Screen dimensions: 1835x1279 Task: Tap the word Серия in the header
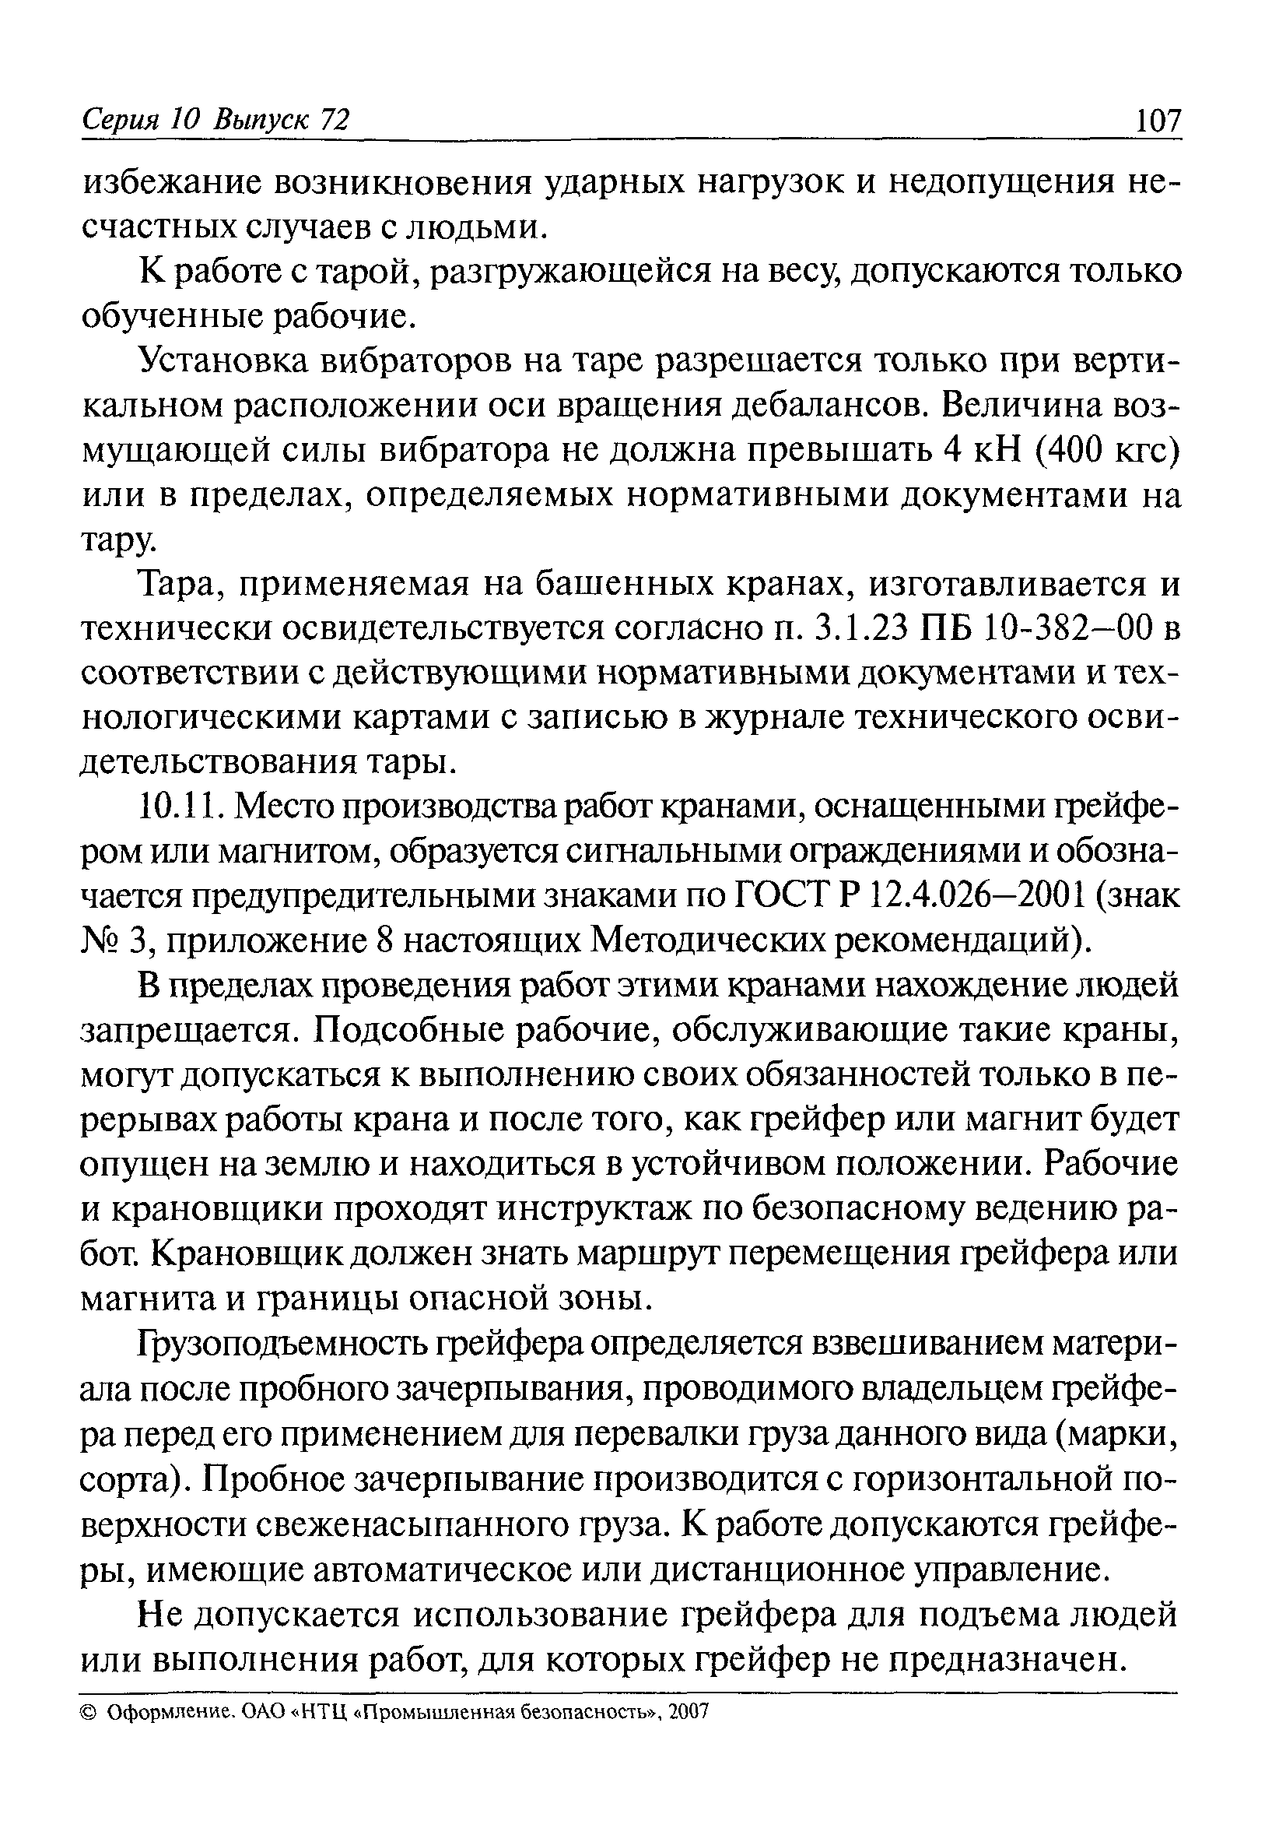(121, 121)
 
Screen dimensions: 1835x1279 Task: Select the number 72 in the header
(334, 121)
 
